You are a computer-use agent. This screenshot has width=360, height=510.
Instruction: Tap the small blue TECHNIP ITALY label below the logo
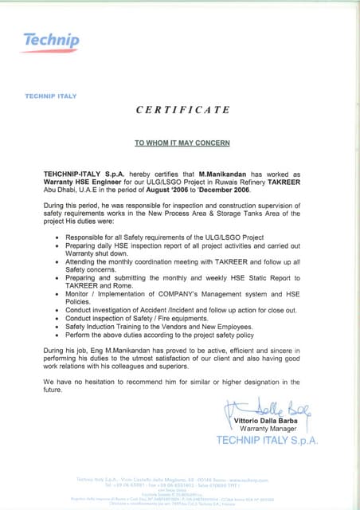tap(49, 96)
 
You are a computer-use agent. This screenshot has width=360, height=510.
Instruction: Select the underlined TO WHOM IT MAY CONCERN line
tap(182, 143)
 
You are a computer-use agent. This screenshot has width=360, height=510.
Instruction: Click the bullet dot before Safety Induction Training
tap(56, 325)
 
